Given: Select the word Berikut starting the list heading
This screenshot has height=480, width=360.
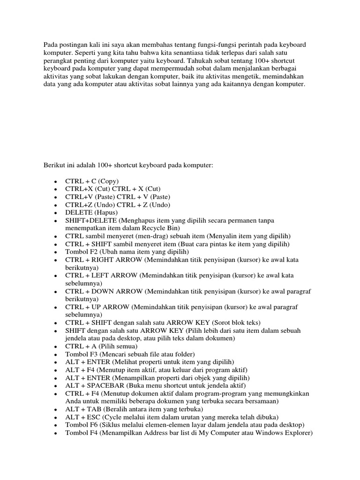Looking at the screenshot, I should (54, 165).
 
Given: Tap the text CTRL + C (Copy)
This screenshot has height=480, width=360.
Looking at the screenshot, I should (92, 181).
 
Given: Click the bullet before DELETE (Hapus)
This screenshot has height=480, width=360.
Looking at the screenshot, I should (55, 213).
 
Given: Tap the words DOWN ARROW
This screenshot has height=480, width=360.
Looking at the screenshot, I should (114, 292).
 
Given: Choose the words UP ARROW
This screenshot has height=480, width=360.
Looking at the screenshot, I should (108, 307).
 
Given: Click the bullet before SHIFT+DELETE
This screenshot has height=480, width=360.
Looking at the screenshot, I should (55, 221).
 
